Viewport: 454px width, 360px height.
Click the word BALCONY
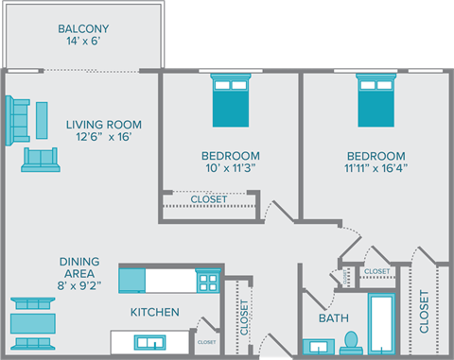coord(82,27)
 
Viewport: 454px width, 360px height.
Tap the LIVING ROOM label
coord(103,124)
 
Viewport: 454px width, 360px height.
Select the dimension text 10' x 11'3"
coord(223,170)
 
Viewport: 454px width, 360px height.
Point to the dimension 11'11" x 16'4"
coord(375,170)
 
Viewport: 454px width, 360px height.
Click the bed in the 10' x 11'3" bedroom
coord(230,98)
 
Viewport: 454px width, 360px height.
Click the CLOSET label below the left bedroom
coord(208,199)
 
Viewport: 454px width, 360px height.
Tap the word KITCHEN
coord(154,312)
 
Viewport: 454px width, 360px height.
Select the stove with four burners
coord(207,281)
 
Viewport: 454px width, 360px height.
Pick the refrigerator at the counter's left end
coord(131,280)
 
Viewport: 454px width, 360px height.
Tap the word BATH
coord(334,319)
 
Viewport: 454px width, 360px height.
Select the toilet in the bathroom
coord(349,339)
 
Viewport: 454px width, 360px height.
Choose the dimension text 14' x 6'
coord(82,43)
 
